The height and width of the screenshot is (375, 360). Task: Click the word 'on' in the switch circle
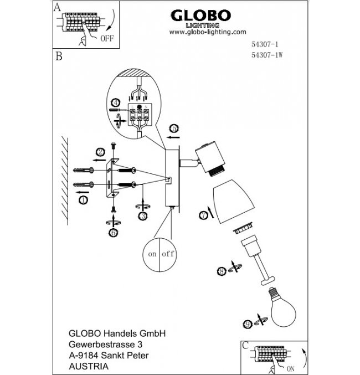151,254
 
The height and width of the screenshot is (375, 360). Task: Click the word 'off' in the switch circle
168,254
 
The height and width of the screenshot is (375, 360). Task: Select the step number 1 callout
84,199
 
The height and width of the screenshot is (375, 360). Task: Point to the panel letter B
58,56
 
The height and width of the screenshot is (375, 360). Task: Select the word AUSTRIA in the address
85,366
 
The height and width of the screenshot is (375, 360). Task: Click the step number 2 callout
100,151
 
